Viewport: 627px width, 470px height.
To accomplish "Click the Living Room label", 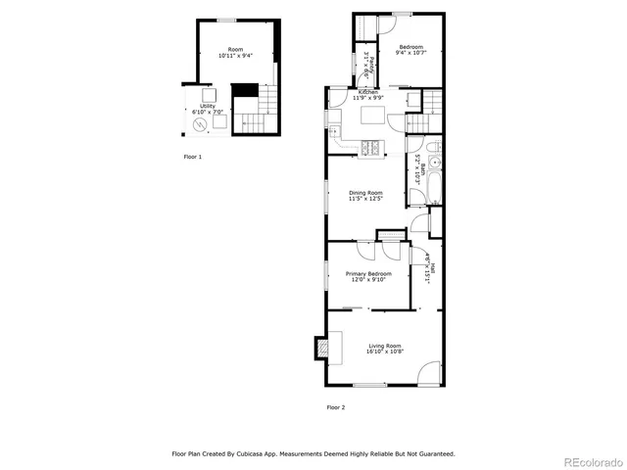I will pos(385,346).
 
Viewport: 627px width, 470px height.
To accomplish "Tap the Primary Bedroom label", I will pos(367,273).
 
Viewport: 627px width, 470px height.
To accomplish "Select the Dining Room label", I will pos(365,193).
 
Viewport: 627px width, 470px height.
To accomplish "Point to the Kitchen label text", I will pos(366,92).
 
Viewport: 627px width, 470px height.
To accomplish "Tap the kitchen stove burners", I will pos(373,148).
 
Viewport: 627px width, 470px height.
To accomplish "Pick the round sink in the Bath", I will pos(435,164).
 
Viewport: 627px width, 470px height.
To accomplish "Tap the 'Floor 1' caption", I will pos(193,157).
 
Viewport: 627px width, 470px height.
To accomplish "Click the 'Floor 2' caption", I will pos(335,406).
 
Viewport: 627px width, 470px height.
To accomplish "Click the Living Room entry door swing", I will pos(428,372).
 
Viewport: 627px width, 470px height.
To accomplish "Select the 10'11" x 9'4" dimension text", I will pos(235,56).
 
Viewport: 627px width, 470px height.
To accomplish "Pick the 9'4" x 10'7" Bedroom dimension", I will pos(410,53).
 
